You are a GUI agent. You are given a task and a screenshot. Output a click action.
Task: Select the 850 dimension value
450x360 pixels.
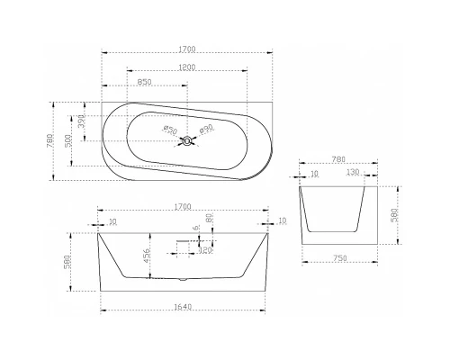[144, 83]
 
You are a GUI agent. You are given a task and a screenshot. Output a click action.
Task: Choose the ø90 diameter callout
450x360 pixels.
[205, 130]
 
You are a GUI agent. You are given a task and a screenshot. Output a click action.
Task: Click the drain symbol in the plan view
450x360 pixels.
[186, 140]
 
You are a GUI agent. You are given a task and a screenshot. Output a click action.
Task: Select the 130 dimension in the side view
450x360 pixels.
[352, 172]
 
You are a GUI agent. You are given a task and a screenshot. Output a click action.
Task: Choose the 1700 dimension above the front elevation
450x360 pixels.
[185, 206]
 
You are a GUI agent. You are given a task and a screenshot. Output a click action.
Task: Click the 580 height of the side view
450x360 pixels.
[394, 216]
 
